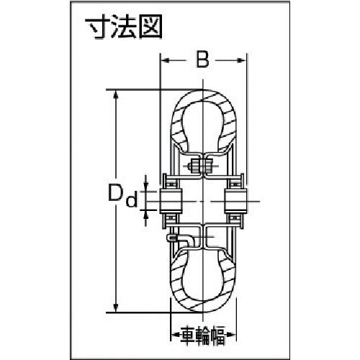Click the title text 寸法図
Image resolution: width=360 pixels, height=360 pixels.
click(x=124, y=27)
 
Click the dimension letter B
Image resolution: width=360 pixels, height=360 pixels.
click(x=202, y=60)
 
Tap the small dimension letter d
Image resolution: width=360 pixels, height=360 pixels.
click(x=132, y=199)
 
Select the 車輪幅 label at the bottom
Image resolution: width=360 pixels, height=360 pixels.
click(x=203, y=333)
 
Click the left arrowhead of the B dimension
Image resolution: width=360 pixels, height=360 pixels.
click(x=165, y=60)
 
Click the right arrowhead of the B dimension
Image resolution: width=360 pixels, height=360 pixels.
click(x=241, y=60)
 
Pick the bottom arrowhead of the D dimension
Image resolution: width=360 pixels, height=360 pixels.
click(x=116, y=308)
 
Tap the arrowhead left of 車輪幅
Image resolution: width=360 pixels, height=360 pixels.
click(x=175, y=334)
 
